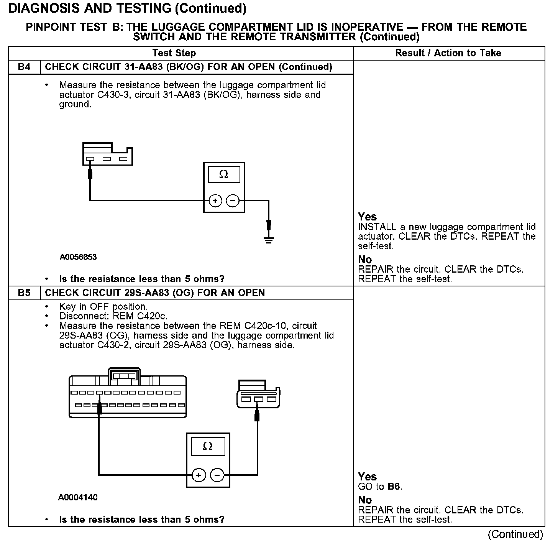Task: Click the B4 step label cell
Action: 24,67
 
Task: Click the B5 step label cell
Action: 24,293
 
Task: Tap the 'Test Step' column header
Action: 174,53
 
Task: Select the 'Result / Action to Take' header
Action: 448,53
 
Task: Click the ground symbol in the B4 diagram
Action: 269,240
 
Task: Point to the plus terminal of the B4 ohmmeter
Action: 215,201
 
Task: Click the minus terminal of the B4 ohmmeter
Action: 233,201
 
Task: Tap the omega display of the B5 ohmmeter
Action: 208,446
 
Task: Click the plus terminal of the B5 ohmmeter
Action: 199,475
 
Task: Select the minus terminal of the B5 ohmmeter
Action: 217,475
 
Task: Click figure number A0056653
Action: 78,257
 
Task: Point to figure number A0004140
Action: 78,497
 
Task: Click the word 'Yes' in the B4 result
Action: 367,217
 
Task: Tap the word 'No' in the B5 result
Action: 365,500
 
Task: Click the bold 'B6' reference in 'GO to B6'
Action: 394,487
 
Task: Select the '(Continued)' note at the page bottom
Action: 515,534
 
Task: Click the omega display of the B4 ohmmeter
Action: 224,174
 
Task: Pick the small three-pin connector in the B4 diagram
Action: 107,154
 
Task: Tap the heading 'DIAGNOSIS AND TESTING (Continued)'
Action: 127,8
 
